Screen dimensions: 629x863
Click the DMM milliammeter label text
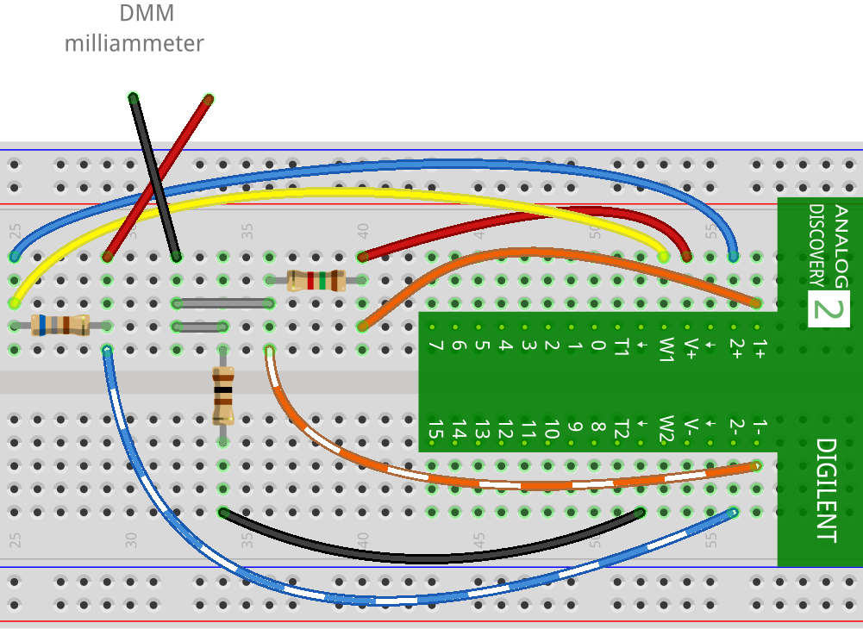134,28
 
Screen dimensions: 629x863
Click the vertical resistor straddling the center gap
223,395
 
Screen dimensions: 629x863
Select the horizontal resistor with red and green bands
316,280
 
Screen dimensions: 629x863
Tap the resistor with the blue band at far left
59,325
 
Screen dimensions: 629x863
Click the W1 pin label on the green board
665,348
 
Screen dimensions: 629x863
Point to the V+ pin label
690,346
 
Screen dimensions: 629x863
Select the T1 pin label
620,348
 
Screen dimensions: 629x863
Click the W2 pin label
665,427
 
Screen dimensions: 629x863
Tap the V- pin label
690,427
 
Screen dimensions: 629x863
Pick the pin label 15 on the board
435,427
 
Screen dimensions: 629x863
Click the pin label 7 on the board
435,346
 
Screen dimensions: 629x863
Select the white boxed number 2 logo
829,308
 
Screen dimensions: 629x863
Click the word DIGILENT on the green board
825,491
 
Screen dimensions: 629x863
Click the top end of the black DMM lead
134,97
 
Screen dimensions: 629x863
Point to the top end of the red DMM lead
208,99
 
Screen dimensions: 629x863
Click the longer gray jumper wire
223,303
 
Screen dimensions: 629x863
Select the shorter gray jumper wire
200,327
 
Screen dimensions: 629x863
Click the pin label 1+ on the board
759,346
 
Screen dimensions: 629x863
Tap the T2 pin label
620,427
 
